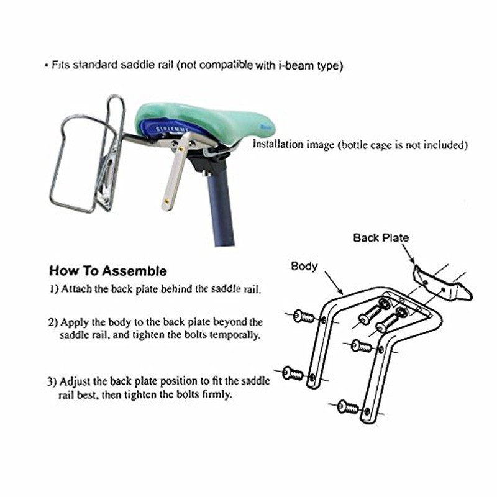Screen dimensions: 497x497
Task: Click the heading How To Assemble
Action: (x=107, y=271)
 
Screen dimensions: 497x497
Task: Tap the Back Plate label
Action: (x=381, y=238)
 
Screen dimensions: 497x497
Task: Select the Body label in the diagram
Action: (x=304, y=267)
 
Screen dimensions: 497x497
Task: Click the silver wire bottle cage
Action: (x=87, y=155)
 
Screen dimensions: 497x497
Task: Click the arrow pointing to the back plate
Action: (x=408, y=253)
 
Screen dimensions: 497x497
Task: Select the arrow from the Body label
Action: (x=334, y=283)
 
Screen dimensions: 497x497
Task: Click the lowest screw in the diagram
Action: (x=348, y=407)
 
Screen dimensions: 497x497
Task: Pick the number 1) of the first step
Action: (x=53, y=289)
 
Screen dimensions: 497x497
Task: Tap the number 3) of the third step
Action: (x=52, y=381)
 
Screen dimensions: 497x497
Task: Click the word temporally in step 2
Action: (x=235, y=335)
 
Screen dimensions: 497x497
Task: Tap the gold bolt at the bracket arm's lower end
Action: (x=166, y=201)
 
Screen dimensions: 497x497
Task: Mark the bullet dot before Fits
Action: (x=46, y=66)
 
